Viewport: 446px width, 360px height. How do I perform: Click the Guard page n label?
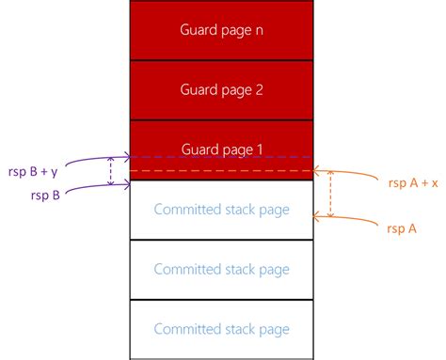pos(221,29)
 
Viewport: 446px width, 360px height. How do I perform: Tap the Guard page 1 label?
pos(221,149)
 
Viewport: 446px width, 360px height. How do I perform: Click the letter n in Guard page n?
pos(258,29)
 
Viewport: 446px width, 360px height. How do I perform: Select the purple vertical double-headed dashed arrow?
pos(112,170)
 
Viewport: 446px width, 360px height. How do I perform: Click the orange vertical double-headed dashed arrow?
pos(330,195)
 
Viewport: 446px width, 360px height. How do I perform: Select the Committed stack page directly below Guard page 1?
pos(221,209)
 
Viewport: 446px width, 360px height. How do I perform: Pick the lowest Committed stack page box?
pos(221,329)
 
